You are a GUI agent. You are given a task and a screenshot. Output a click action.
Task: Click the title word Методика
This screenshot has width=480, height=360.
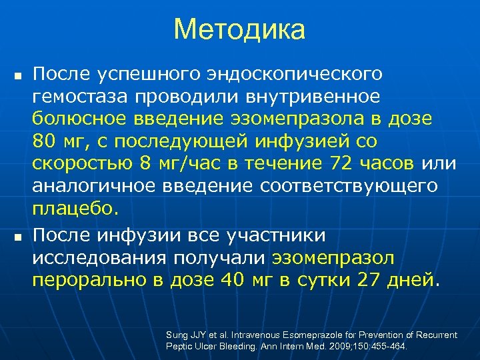point(239,29)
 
